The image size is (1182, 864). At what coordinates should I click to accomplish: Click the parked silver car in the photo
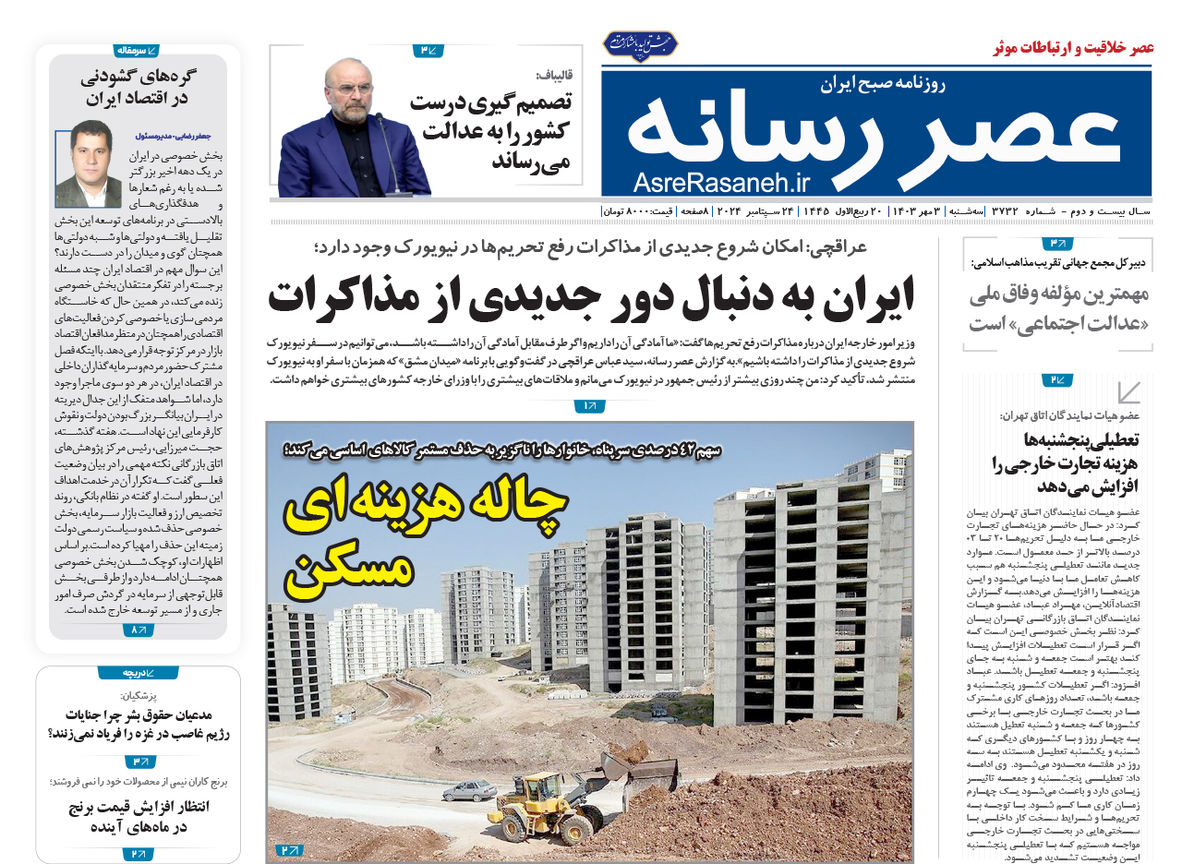pyautogui.click(x=470, y=790)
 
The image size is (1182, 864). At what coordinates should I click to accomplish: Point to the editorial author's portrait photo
pyautogui.click(x=89, y=163)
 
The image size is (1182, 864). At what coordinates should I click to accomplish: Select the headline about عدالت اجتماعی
pyautogui.click(x=1058, y=310)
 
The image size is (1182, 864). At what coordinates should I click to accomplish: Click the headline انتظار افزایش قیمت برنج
pyautogui.click(x=139, y=817)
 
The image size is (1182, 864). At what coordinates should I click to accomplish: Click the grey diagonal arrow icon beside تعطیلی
pyautogui.click(x=1128, y=393)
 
